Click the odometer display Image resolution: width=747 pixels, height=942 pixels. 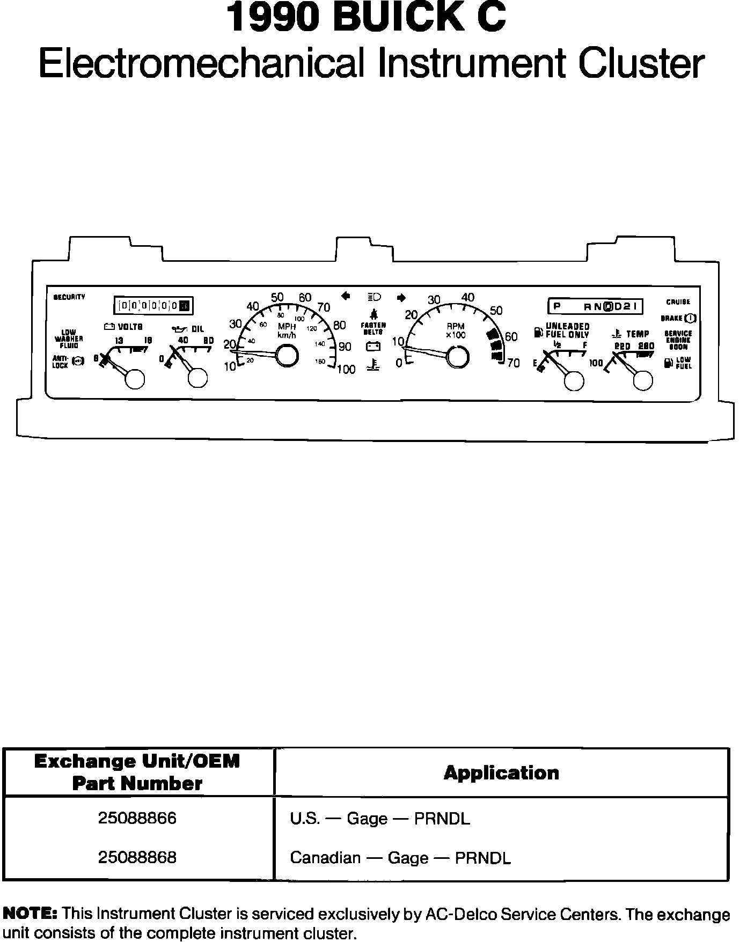coord(153,306)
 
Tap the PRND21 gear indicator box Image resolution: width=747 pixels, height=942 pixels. coord(595,306)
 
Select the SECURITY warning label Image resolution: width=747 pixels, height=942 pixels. coord(69,297)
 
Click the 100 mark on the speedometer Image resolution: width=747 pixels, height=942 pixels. coord(346,369)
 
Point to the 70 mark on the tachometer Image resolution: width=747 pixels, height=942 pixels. coord(513,363)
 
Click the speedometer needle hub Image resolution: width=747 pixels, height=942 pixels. coord(287,355)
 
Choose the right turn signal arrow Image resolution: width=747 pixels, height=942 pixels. coord(401,298)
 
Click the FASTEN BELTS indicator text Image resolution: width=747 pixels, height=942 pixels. coord(373,328)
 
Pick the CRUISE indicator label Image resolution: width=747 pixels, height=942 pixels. coord(678,302)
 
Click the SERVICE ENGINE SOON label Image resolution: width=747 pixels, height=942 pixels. coord(678,340)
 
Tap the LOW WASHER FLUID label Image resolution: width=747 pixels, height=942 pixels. coord(69,339)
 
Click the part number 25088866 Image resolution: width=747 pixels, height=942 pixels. coord(137,818)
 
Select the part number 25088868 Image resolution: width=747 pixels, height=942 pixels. coord(137,857)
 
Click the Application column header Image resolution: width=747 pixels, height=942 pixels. coord(501,773)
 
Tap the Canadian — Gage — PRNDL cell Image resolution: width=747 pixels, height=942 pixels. coord(400,858)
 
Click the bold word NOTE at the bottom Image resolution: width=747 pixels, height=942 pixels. coord(30,912)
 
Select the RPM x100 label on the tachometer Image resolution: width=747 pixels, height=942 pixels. coord(456,330)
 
